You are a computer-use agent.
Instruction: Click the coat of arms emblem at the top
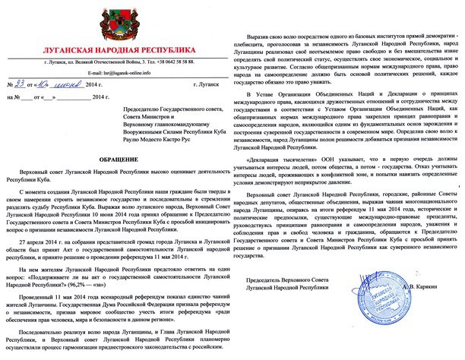tap(118, 22)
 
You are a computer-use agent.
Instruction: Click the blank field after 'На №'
tap(34, 98)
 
